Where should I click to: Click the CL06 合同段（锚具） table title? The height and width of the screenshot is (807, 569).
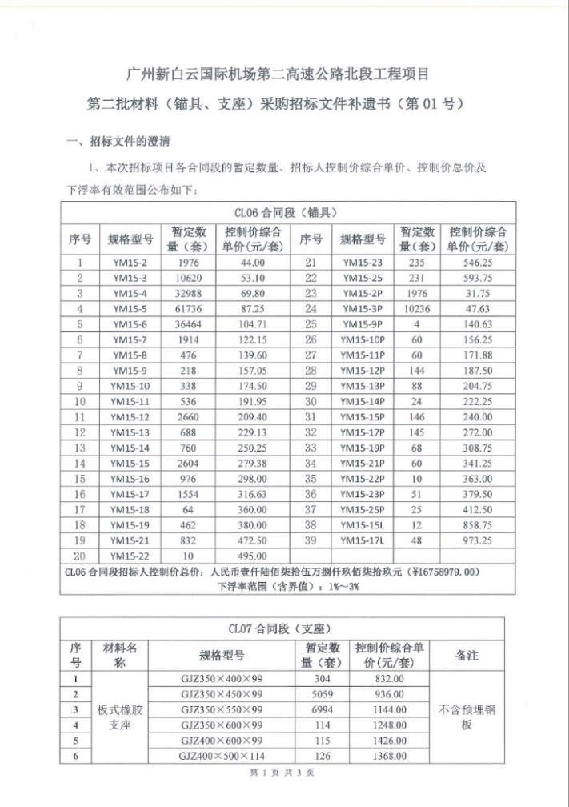coord(285,213)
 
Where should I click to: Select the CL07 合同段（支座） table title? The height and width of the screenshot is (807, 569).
coord(284,628)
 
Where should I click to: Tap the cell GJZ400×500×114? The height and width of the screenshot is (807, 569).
coord(222,755)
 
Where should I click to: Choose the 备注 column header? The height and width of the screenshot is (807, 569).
coord(467,655)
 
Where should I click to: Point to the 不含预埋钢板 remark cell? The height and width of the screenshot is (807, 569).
coord(467,717)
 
